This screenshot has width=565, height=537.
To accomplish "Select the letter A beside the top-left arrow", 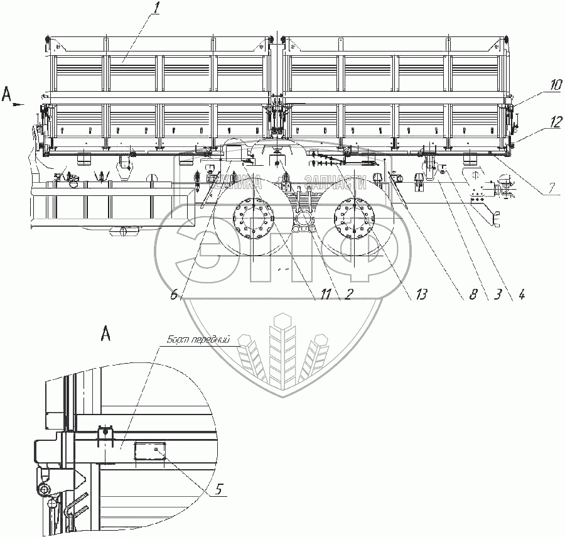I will pos(7,95).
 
